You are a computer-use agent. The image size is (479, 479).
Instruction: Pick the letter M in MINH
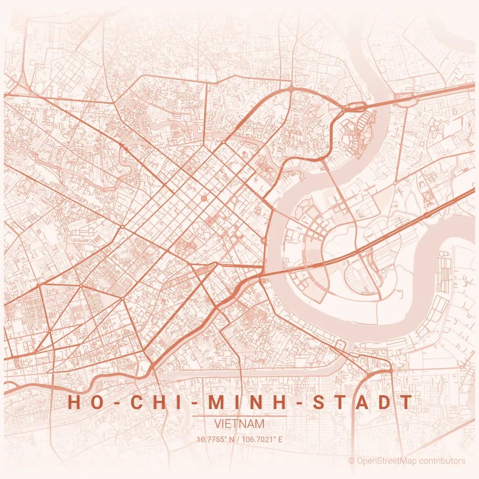pos(216,402)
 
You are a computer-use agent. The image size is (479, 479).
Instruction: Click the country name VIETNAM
pos(239,424)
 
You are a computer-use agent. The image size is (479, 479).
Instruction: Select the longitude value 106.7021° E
pos(262,439)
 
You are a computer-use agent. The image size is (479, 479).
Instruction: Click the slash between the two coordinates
pos(238,439)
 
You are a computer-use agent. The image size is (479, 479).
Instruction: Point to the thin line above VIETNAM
pos(239,416)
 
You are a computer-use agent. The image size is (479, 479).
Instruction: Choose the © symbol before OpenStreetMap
pos(351,461)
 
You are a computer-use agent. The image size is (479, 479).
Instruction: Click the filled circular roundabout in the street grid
pos(204,197)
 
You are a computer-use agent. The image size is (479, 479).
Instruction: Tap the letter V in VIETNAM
pos(218,424)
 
